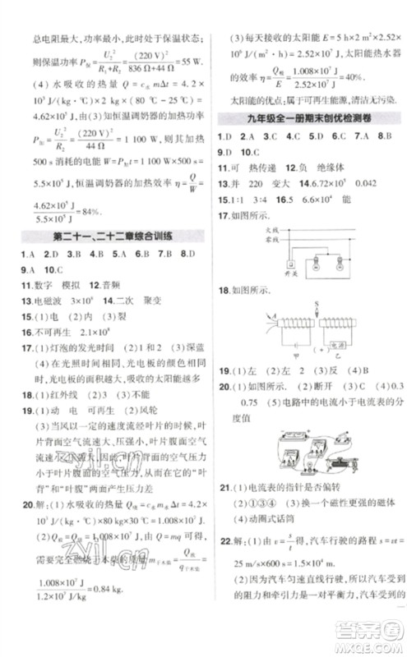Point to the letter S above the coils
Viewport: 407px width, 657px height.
tap(317, 306)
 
